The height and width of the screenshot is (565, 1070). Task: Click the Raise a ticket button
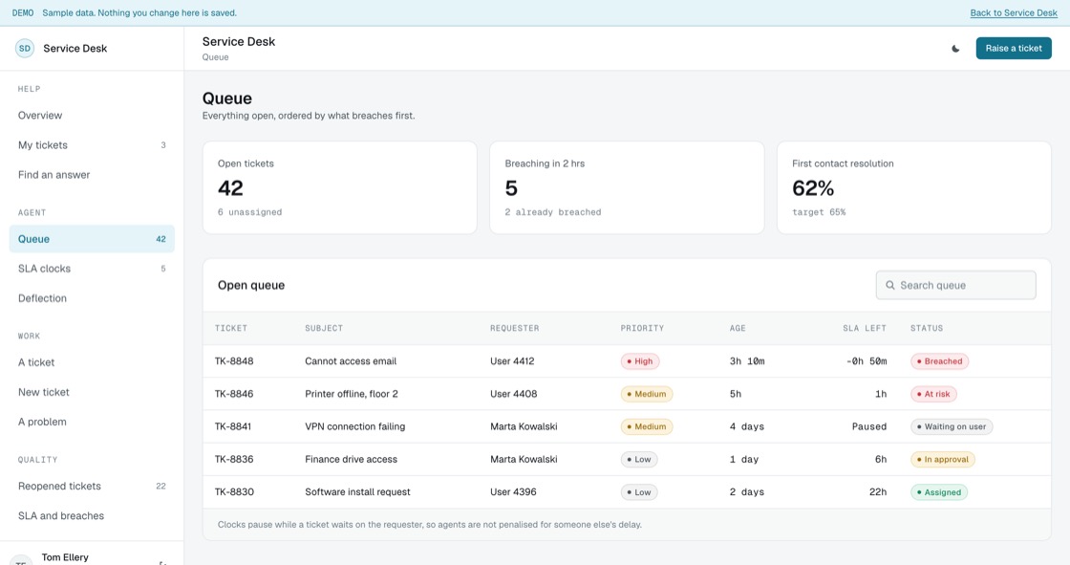point(1014,48)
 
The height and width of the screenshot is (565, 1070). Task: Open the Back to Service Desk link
point(1014,13)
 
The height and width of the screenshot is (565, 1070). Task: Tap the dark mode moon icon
point(955,49)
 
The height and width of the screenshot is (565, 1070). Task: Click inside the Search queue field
point(955,285)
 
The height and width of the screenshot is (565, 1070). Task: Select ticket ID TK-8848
point(234,360)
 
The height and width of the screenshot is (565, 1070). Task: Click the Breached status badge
point(939,361)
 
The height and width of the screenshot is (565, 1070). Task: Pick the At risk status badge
point(933,394)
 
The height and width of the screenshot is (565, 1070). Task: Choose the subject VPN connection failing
point(354,426)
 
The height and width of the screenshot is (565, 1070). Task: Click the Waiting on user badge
point(952,427)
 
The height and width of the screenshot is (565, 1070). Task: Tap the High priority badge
point(639,361)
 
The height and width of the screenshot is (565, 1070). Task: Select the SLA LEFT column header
point(864,328)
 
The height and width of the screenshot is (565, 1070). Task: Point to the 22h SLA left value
point(878,492)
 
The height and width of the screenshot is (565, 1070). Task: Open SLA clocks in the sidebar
point(44,269)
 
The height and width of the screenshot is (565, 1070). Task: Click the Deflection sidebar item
point(42,298)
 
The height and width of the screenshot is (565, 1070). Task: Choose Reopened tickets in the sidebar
point(59,486)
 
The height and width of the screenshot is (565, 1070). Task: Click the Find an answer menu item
point(53,174)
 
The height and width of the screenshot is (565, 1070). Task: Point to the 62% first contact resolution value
point(813,188)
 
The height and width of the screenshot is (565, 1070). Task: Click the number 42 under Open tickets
point(230,188)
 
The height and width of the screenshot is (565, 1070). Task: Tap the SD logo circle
point(25,49)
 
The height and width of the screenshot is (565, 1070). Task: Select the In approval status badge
point(942,460)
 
